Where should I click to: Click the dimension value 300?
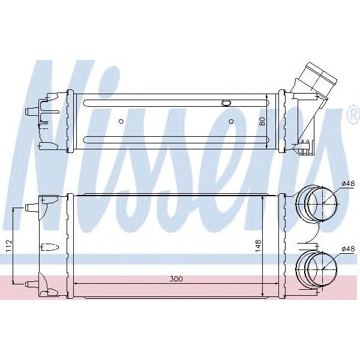(x=176, y=279)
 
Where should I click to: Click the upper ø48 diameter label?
(x=349, y=182)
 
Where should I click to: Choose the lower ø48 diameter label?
(x=349, y=248)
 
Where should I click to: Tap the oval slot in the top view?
(x=227, y=103)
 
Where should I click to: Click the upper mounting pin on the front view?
(x=31, y=208)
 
